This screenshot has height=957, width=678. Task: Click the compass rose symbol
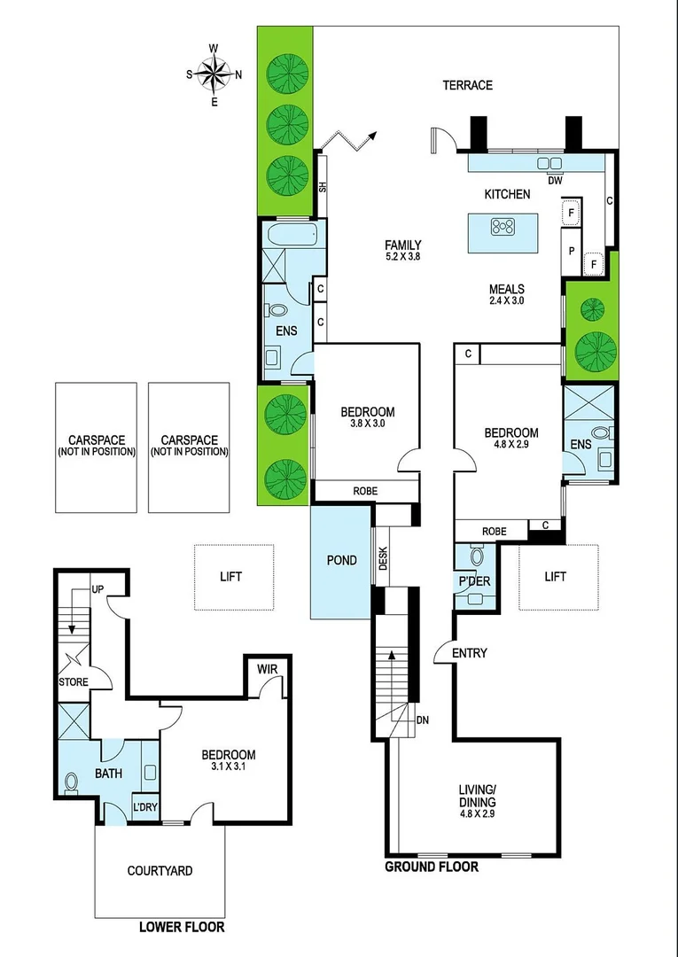point(214,74)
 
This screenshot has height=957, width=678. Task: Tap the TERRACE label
point(467,85)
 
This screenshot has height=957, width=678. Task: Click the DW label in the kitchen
point(555,181)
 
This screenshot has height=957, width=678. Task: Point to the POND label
point(341,560)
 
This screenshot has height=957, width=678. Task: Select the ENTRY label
point(469,653)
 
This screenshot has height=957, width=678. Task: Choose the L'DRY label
point(144,807)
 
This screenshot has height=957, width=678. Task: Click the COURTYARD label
point(160,871)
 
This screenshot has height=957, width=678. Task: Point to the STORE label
point(74,682)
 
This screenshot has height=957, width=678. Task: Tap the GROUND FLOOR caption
point(431,867)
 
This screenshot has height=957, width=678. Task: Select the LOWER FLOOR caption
point(182,927)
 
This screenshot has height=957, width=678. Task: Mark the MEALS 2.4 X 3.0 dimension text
point(506,300)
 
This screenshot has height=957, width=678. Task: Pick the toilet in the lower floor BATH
point(72,783)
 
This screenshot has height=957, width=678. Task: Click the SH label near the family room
point(322,186)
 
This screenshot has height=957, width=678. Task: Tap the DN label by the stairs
point(423,720)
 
